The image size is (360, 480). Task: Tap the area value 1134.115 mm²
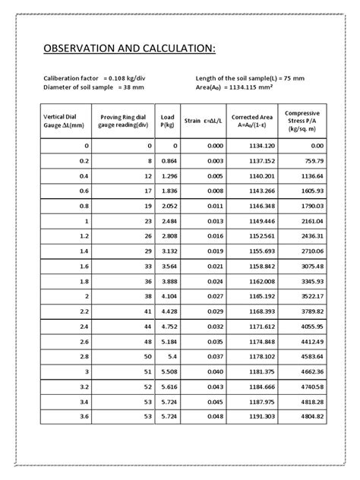click(262, 87)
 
